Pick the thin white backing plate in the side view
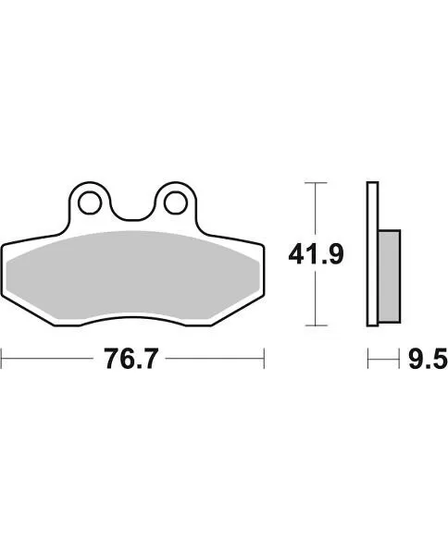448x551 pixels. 372,254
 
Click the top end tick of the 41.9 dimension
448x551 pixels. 317,183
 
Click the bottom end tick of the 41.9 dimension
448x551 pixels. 317,325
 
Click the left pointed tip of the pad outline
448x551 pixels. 3,247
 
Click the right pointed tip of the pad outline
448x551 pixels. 264,247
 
